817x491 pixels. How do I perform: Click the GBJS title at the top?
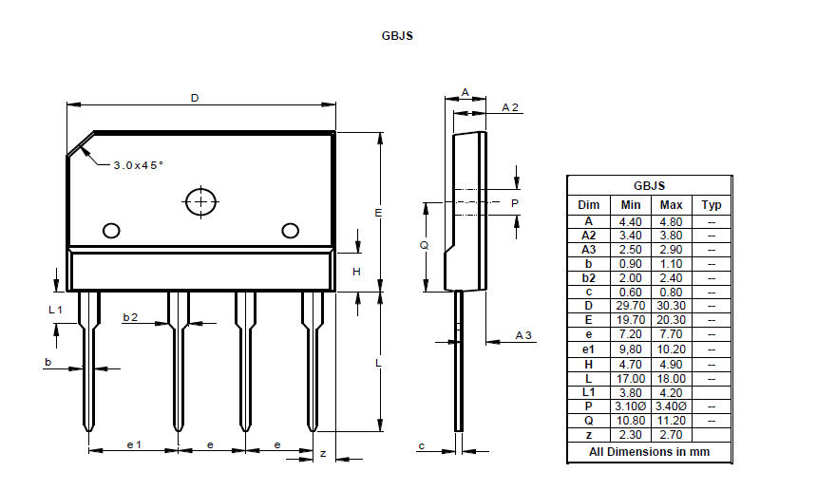[396, 36]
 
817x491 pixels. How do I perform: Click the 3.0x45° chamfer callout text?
[138, 164]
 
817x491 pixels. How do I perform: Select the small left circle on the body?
[111, 230]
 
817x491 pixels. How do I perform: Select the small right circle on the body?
[290, 230]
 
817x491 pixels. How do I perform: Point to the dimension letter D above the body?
[196, 98]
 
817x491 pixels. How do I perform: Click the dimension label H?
[356, 271]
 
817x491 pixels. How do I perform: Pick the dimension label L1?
[55, 310]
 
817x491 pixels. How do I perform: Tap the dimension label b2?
[130, 318]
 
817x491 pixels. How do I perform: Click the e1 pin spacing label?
[134, 444]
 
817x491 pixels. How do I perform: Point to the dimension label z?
[323, 454]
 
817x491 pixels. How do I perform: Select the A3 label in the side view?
[522, 335]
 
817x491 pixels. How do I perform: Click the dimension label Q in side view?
[424, 245]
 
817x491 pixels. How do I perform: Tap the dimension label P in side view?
[515, 203]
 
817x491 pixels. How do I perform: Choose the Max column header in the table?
[671, 205]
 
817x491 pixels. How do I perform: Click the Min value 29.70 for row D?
[630, 305]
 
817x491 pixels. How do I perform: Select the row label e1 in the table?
[588, 349]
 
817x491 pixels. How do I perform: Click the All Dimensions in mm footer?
[649, 452]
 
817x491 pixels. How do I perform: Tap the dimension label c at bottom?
[421, 445]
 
